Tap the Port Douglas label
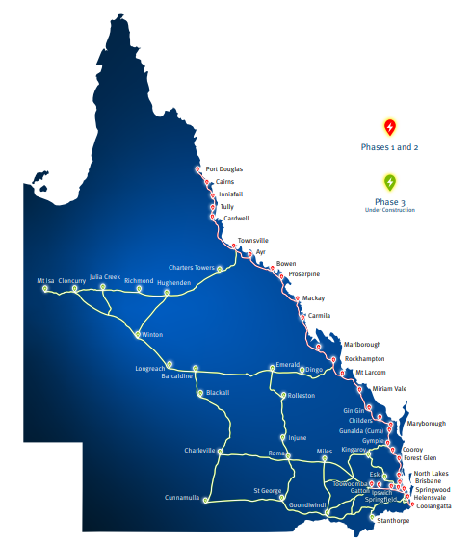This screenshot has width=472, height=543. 224,168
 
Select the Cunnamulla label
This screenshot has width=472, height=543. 182,497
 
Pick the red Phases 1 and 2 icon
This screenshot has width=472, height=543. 389,126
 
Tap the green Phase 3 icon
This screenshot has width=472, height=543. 389,182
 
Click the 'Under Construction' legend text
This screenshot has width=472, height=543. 389,210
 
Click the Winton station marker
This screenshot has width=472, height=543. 139,334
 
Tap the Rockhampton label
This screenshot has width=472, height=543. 365,359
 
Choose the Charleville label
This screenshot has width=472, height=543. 199,450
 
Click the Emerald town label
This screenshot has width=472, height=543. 288,364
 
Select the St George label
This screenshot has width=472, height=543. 267,490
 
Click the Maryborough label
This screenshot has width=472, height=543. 427,424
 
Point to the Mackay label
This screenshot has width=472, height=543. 314,298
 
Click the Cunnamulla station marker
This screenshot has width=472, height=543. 205,501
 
